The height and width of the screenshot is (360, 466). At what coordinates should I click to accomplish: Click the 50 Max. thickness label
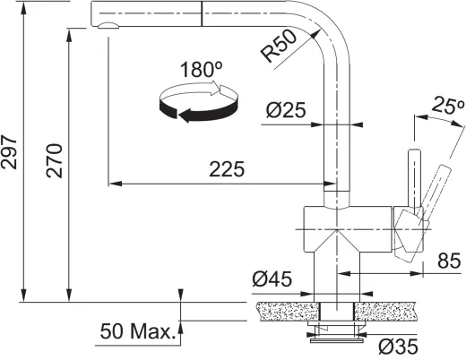(x=136, y=332)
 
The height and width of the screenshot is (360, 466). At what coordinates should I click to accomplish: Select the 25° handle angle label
(x=443, y=106)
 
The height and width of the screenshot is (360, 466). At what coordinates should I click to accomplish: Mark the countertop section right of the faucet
(x=391, y=311)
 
